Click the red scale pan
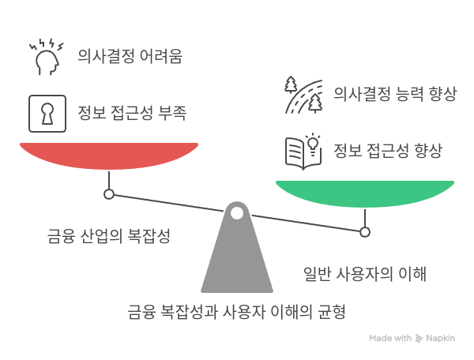coord(109,156)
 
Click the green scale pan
coord(365,193)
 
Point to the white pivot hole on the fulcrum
coord(237,213)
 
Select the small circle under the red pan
coord(109,194)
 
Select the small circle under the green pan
coord(365,232)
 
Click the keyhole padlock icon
coord(47,114)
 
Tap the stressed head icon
coord(47,57)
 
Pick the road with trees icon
coord(303,95)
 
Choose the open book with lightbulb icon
coord(303,152)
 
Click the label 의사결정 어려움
coord(130,56)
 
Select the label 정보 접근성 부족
coord(132,113)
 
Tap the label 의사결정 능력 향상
coord(395,94)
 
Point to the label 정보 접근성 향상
coord(388,151)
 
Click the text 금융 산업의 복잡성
coord(109,236)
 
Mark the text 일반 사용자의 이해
coord(365,274)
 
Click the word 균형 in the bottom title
coord(331,312)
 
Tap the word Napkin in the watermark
coord(441,338)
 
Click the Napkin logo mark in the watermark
coord(419,339)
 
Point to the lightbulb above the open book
coord(314,144)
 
